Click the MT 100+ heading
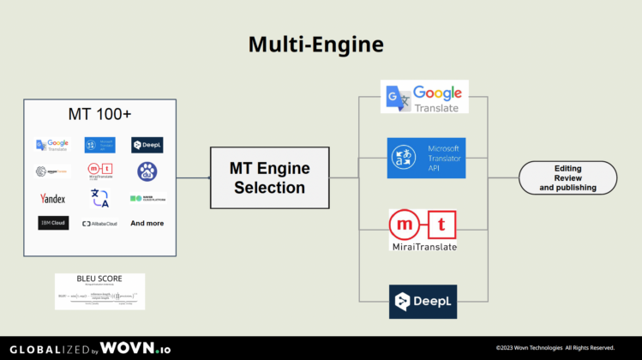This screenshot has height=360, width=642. coord(99,114)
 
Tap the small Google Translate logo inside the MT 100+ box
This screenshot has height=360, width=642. coord(52,145)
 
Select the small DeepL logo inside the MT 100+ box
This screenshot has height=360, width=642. coord(147,145)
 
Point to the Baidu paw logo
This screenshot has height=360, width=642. coord(147,171)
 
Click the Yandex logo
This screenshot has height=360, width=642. coord(52,198)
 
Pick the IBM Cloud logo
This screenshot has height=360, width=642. coord(52,223)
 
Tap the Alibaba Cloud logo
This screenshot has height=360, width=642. coord(99,223)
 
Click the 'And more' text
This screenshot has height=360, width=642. coord(147,223)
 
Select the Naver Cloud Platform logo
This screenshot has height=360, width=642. coord(147,198)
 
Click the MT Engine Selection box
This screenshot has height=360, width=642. coord(269,177)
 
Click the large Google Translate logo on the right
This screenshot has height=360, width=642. coord(424,98)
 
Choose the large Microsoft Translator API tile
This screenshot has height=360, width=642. coord(426,158)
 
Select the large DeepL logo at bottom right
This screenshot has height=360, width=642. coord(423,302)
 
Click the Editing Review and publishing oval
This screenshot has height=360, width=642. coord(567,177)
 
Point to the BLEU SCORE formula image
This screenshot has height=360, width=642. coord(99,291)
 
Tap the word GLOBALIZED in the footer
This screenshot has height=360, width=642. coord(46,348)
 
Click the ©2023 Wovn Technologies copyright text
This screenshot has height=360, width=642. coord(555,347)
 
